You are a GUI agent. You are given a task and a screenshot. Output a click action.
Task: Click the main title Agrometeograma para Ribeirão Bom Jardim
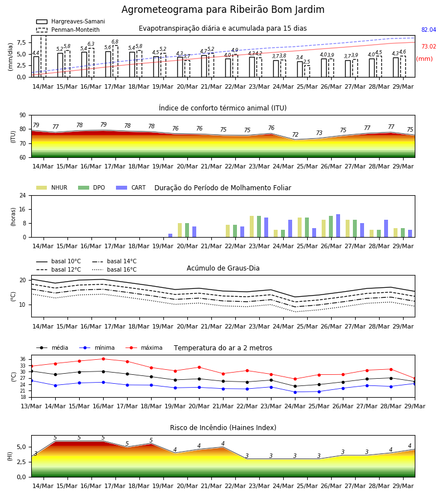pos(222,9)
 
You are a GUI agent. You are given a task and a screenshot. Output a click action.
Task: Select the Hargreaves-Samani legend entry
pos(70,21)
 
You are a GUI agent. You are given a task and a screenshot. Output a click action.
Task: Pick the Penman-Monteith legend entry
pos(68,30)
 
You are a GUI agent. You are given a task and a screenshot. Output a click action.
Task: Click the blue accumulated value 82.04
pos(429,30)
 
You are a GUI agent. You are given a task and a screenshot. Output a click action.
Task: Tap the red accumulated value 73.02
pos(429,46)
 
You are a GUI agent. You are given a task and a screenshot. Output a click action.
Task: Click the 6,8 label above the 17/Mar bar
pos(115,42)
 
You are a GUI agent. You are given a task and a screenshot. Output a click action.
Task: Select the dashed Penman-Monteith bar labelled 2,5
pos(307,71)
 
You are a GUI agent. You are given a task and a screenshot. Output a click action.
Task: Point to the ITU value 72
pos(295,134)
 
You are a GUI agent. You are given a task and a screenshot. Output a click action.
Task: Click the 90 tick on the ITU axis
pos(23,115)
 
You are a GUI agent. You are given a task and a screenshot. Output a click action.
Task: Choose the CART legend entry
pos(131,187)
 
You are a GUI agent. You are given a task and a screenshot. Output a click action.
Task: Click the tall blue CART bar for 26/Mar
pos(338,226)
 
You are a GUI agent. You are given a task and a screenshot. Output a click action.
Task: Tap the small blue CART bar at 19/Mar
pos(170,235)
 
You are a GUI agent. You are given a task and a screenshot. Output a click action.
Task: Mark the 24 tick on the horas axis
pos(23,195)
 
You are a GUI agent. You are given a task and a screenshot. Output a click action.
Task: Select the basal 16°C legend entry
pos(114,269)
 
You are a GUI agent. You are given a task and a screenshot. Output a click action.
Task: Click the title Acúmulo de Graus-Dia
pos(223,268)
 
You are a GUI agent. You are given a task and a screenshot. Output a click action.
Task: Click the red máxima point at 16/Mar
pos(103,359)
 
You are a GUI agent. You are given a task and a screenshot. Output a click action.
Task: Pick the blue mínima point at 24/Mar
pos(295,392)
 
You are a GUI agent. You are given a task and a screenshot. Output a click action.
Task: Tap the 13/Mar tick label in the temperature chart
pos(31,406)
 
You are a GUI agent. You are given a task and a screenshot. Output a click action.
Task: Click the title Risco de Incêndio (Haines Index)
pos(223,428)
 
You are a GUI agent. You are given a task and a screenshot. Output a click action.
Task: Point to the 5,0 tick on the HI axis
pos(22,447)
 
